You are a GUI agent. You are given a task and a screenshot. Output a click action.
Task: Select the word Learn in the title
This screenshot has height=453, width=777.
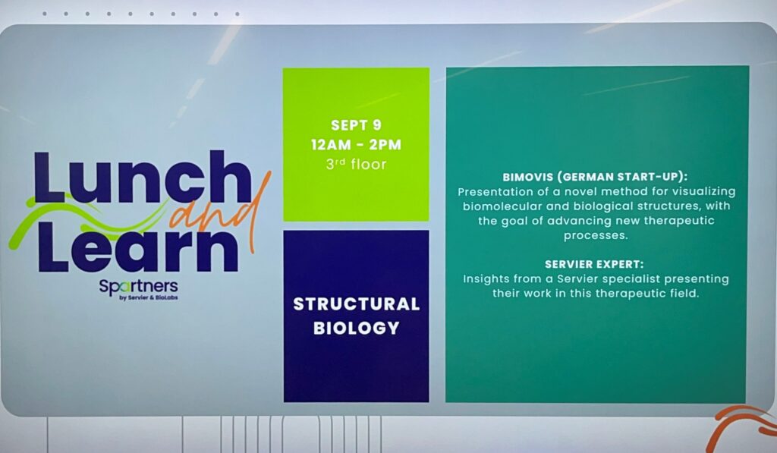click(137, 247)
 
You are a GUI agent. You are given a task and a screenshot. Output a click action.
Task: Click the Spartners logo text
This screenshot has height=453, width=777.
click(138, 287)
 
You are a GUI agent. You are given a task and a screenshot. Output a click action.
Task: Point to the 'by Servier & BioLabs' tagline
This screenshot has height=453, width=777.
click(149, 298)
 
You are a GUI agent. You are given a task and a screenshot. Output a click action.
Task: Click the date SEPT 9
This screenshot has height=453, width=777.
click(357, 125)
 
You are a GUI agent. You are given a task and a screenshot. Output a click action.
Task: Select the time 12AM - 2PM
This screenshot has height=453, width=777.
click(357, 145)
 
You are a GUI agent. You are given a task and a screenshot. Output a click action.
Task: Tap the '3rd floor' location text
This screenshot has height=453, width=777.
click(357, 164)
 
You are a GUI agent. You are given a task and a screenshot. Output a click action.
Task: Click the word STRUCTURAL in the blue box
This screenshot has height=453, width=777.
click(357, 304)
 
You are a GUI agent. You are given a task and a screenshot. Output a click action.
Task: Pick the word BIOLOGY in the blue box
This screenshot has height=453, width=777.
click(357, 328)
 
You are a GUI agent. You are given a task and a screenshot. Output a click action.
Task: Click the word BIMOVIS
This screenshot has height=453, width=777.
click(528, 177)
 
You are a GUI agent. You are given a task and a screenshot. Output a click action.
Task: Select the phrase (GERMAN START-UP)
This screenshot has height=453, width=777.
click(622, 177)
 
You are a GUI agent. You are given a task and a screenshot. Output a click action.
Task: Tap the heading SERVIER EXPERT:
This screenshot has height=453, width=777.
click(594, 264)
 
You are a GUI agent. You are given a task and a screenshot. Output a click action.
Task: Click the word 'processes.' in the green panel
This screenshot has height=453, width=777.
click(596, 236)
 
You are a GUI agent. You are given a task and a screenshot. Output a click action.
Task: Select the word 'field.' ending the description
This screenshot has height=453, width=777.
click(684, 294)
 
